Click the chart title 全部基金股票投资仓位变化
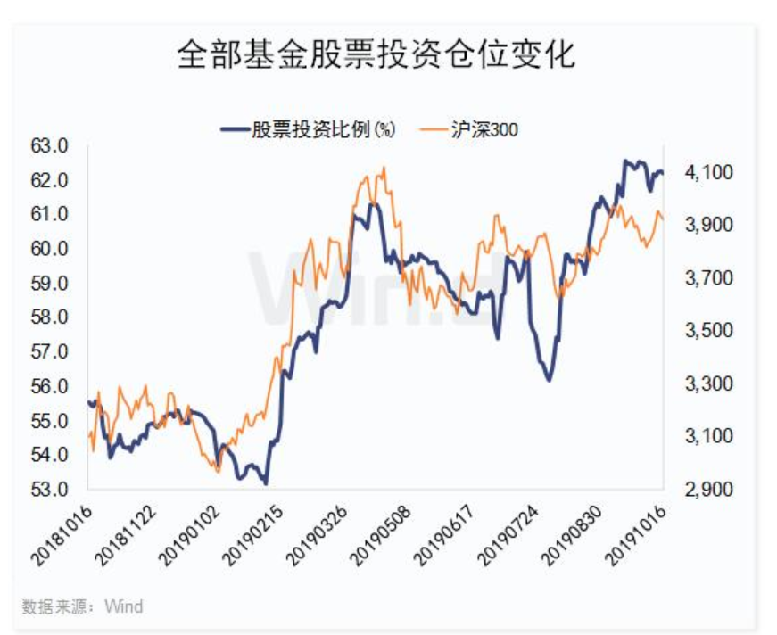click(x=376, y=54)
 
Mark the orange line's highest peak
click(x=384, y=167)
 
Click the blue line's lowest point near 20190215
click(x=265, y=483)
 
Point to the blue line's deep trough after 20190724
click(x=548, y=381)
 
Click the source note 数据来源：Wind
click(x=82, y=606)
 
